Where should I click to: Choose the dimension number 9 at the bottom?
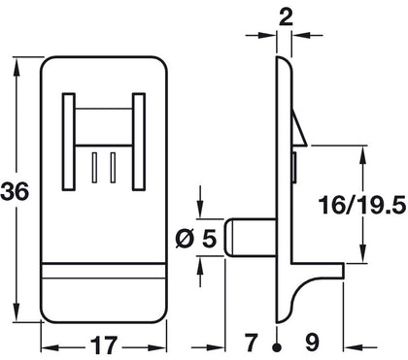[312, 343]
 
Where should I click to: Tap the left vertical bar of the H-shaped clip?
[69, 140]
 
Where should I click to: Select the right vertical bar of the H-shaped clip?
[139, 140]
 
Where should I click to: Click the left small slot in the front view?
[94, 166]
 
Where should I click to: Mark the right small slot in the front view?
[113, 166]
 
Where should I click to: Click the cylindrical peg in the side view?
[248, 237]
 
